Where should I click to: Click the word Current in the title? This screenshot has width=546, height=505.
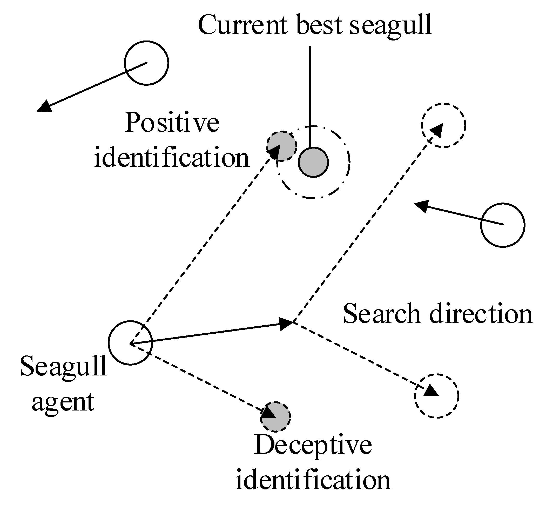(243, 25)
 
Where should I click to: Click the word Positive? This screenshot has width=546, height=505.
(172, 123)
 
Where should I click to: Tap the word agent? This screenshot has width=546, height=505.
(63, 402)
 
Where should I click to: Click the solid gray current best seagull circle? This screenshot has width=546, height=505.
(313, 162)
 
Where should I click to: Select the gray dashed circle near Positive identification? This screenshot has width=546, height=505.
(281, 146)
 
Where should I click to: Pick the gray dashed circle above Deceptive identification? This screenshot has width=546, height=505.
(275, 417)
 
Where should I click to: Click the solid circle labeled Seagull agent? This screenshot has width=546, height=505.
(130, 343)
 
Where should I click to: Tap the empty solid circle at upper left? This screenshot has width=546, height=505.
(146, 63)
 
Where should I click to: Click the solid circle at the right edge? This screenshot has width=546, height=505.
(503, 225)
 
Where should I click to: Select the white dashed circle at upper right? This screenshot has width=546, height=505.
(443, 125)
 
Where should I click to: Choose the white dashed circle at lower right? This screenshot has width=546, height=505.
(436, 396)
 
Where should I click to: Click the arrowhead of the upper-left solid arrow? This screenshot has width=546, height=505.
(45, 106)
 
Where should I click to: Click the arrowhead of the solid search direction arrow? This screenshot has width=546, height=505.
(286, 324)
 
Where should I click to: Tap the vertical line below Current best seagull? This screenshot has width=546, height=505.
(310, 96)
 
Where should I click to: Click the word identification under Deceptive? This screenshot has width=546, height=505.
(313, 480)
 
